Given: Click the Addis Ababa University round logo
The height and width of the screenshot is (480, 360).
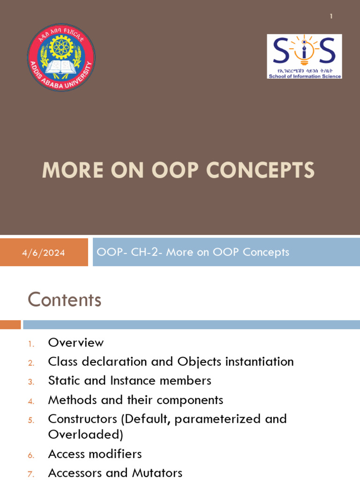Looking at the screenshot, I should [x=61, y=58].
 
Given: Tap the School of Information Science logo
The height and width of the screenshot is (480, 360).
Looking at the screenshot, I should [x=304, y=56].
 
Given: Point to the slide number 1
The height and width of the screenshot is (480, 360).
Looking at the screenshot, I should [x=331, y=16].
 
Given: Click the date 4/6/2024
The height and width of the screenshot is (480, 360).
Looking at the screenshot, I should [x=44, y=253].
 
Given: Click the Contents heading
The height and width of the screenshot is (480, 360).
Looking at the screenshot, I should [x=65, y=300].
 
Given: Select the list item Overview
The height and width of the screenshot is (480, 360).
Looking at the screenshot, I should [x=76, y=343].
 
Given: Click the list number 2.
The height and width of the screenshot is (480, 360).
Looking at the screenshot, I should [x=31, y=363].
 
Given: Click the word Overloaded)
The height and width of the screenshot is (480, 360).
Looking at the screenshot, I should [x=85, y=435].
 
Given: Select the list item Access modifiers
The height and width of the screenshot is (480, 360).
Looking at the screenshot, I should [x=95, y=454].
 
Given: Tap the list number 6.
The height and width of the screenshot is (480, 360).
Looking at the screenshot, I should [x=31, y=455].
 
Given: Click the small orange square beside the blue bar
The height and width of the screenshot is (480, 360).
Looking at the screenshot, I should [x=10, y=324].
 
